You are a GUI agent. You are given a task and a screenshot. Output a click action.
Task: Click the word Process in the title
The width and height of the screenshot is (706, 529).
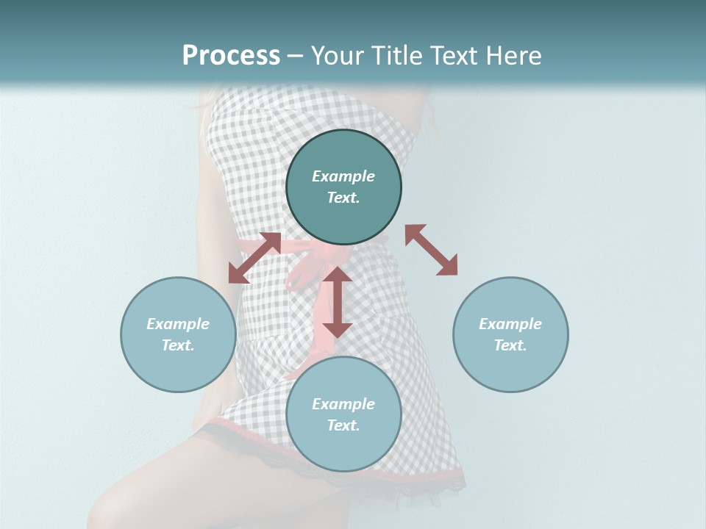231,56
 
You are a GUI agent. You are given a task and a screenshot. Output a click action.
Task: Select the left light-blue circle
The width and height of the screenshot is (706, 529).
178,367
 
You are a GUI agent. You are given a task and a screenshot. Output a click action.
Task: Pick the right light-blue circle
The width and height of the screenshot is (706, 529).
510,367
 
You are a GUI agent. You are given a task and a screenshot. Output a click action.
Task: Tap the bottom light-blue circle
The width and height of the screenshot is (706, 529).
343,448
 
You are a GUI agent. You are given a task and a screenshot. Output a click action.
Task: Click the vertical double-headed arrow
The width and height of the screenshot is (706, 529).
338,302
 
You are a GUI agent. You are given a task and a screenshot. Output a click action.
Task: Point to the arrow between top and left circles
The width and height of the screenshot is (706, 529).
254,258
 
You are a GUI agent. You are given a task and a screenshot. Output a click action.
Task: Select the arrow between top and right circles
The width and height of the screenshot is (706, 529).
432,250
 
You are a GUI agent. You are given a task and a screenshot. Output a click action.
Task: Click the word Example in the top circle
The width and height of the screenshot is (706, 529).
343,176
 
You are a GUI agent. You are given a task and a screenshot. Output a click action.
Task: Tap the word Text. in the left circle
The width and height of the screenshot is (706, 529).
178,345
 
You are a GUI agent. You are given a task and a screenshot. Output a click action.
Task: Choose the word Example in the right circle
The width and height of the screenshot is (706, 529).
510,324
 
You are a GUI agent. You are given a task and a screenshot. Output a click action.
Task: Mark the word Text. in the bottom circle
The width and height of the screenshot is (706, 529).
343,425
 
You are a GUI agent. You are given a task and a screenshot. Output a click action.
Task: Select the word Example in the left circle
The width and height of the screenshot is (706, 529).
178,324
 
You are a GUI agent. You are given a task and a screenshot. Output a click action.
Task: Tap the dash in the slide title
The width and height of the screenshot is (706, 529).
295,56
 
